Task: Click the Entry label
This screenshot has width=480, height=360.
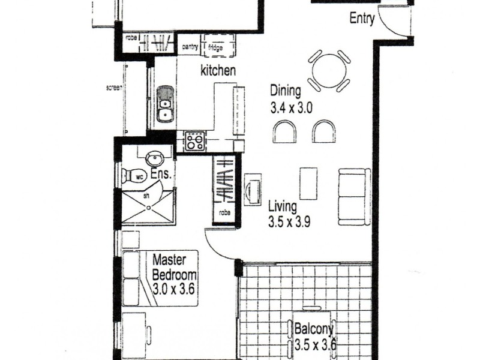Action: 362,19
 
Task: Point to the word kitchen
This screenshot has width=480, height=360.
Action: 217,71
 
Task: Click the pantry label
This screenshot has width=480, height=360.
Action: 190,45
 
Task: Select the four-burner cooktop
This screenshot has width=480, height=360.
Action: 194,142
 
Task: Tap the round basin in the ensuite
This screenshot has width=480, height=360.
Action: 155,158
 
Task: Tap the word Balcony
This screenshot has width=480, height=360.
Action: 314,329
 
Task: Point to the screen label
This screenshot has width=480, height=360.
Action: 114,88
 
